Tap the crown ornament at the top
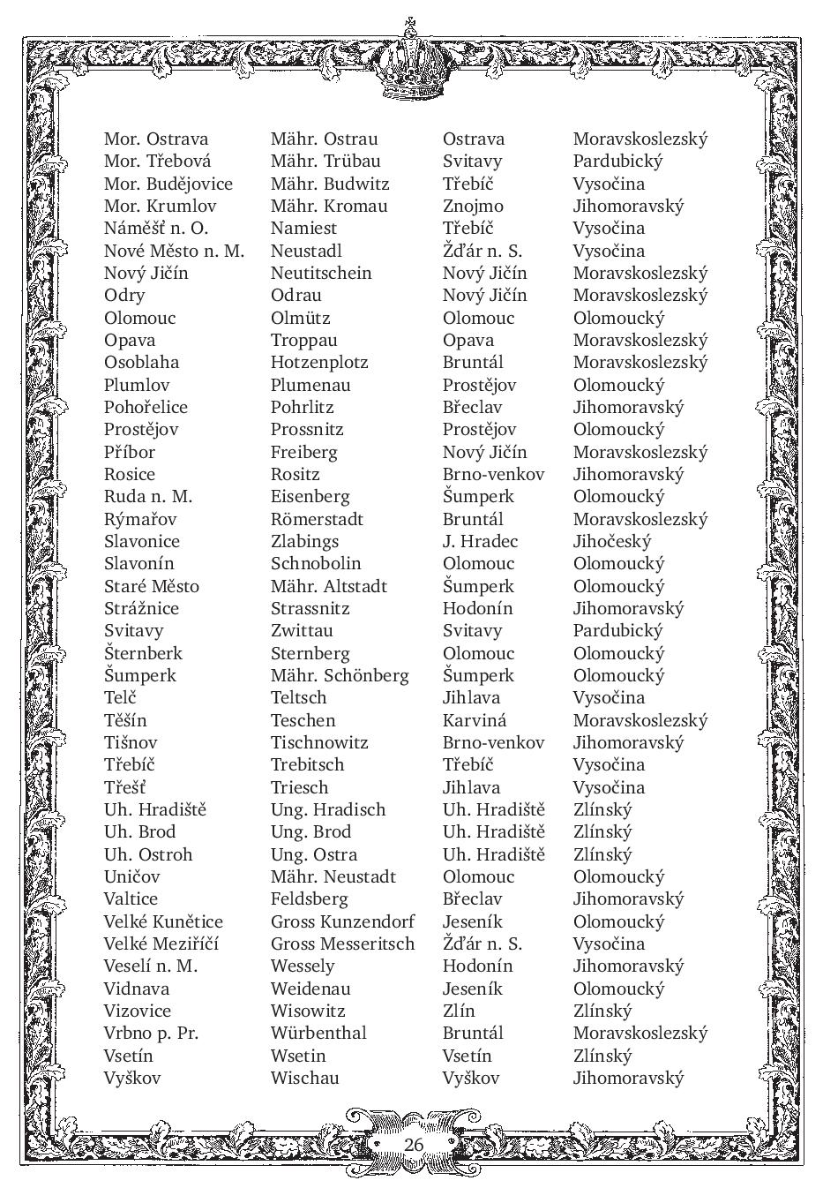click(x=410, y=62)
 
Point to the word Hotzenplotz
click(x=319, y=363)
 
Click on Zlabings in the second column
click(x=304, y=542)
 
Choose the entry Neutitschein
click(x=321, y=274)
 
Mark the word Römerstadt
click(x=317, y=519)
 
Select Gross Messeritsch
click(x=342, y=944)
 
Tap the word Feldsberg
click(x=310, y=899)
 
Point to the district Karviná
click(x=475, y=720)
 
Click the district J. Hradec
click(x=480, y=542)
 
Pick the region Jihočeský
click(x=611, y=542)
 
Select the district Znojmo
click(x=473, y=207)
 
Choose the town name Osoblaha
click(x=141, y=363)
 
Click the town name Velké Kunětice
click(x=163, y=921)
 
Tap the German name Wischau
click(x=304, y=1078)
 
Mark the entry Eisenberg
click(x=310, y=497)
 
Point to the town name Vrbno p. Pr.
click(x=151, y=1033)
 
